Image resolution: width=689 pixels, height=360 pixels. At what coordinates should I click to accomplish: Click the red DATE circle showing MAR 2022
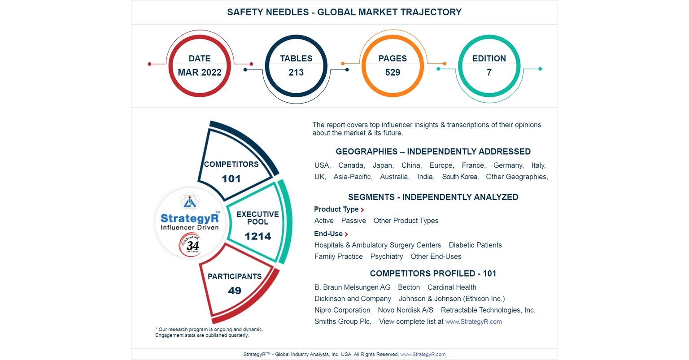(x=200, y=65)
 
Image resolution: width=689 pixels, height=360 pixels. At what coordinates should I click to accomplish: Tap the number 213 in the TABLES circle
(x=296, y=73)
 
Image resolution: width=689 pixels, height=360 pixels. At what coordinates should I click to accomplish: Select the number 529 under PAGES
(x=392, y=73)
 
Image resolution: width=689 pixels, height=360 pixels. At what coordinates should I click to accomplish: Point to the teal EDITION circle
(x=489, y=65)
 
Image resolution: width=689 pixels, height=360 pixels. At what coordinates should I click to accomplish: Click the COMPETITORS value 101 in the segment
(x=231, y=179)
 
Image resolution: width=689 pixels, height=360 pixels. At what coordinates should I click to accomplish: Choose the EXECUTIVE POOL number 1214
(x=257, y=236)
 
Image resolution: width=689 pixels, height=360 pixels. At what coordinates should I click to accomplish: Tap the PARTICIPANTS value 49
(x=235, y=291)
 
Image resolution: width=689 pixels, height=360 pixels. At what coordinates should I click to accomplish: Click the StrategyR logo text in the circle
(x=190, y=218)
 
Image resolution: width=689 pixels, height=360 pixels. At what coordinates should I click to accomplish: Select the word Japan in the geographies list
(x=383, y=165)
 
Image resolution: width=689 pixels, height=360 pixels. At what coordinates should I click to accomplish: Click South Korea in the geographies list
(x=460, y=177)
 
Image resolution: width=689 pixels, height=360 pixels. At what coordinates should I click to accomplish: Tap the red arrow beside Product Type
(x=362, y=210)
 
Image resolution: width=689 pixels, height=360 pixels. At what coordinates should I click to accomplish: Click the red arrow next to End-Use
(x=346, y=234)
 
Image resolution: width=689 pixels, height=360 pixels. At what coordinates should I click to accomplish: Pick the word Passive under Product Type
(x=353, y=221)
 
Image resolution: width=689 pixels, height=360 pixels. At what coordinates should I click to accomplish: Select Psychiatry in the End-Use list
(x=386, y=256)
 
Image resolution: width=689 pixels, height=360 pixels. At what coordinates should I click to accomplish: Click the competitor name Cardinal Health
(x=452, y=287)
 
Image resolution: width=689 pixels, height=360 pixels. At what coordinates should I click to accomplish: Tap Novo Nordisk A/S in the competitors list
(x=406, y=310)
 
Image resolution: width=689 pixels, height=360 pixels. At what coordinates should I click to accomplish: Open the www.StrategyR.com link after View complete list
(x=473, y=322)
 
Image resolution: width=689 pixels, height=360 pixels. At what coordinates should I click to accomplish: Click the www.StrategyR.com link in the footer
(x=423, y=354)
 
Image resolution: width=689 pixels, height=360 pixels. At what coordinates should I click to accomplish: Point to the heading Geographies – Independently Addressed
(x=433, y=152)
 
